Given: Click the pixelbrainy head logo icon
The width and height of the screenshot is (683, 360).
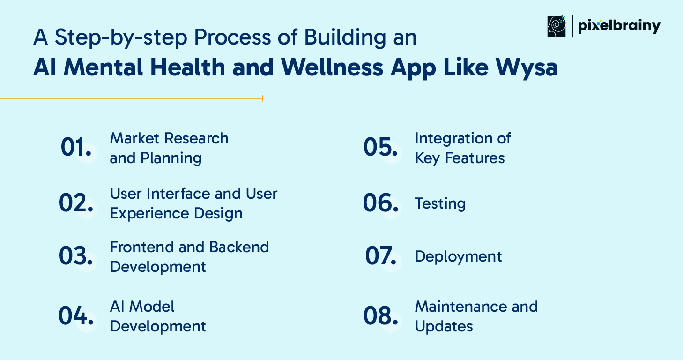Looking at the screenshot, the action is pos(557,27).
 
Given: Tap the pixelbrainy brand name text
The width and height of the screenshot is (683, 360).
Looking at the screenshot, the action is pos(619,27).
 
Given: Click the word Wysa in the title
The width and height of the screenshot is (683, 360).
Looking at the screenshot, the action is pos(527,68).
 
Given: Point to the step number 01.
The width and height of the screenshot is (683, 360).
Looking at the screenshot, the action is pos(76,147).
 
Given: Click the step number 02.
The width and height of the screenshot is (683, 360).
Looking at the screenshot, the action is pos(76,203).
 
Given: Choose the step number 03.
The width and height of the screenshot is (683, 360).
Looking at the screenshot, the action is pos(76,255).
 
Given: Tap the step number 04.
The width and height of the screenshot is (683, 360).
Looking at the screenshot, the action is pos(76,315).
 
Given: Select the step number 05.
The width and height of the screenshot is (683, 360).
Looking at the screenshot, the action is pos(380,147).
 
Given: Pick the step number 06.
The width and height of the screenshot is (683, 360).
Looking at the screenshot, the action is pos(380,203).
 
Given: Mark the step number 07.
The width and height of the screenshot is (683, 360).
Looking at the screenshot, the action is pos(380,255).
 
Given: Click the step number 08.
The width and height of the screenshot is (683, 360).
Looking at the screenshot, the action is pos(380,315).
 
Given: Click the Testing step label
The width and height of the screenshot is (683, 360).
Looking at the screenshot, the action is pos(440,204).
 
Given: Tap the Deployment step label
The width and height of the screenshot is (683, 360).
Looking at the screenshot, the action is pos(458,257).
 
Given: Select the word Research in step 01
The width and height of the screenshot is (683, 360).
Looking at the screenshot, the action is pos(196,138).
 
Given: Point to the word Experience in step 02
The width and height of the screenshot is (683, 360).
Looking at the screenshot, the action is pos(149,214).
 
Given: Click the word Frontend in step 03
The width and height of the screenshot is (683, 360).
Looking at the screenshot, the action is pos(142,247).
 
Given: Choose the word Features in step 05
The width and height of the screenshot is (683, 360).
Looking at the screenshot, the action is pos(475,158).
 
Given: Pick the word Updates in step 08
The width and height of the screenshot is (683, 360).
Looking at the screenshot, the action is pos(444,327).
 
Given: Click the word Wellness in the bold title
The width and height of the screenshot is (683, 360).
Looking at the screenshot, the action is pos(332,67).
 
